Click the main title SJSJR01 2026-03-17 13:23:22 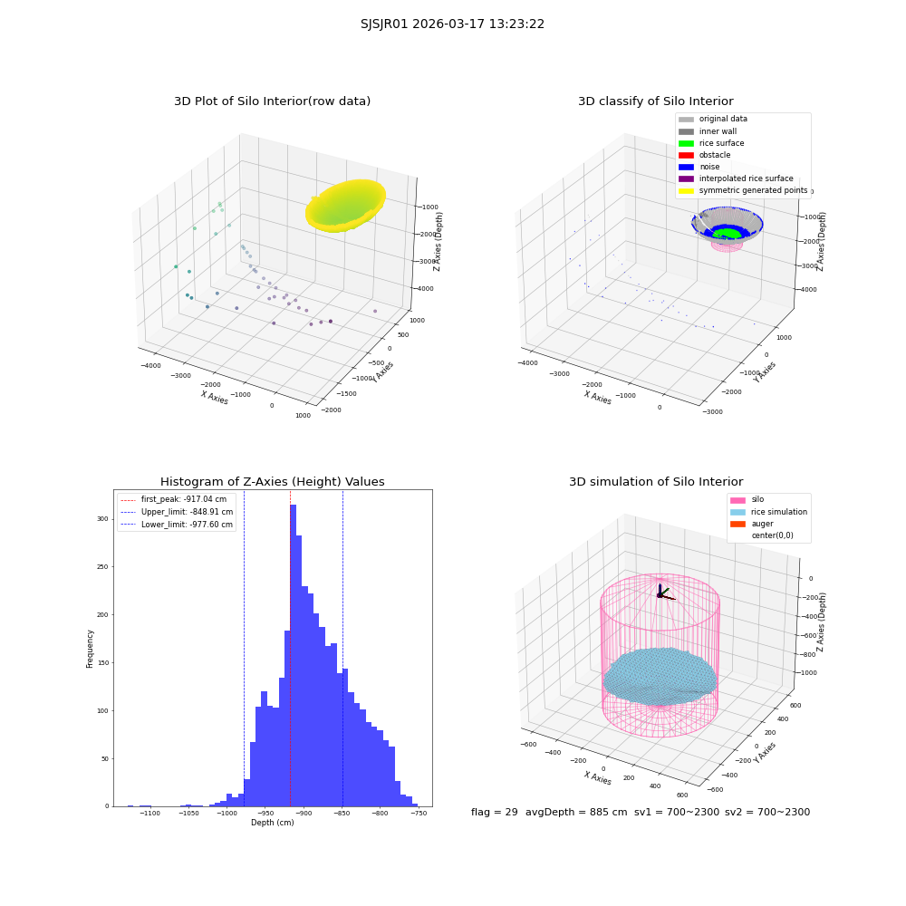[452, 24]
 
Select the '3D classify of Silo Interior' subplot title [656, 101]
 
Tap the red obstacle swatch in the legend [686, 155]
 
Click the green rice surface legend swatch [686, 143]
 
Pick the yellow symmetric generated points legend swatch [686, 190]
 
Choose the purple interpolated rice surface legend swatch [686, 178]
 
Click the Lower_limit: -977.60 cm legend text [188, 525]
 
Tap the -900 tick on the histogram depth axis [304, 814]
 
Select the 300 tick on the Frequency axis [103, 519]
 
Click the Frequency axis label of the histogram [90, 649]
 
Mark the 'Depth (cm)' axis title [272, 823]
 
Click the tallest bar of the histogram [293, 656]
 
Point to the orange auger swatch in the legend [737, 524]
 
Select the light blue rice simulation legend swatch [737, 512]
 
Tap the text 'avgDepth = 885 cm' [576, 812]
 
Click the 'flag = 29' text [495, 812]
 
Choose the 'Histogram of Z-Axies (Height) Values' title [272, 482]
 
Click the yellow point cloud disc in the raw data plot [345, 206]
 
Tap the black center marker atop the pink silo [660, 595]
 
